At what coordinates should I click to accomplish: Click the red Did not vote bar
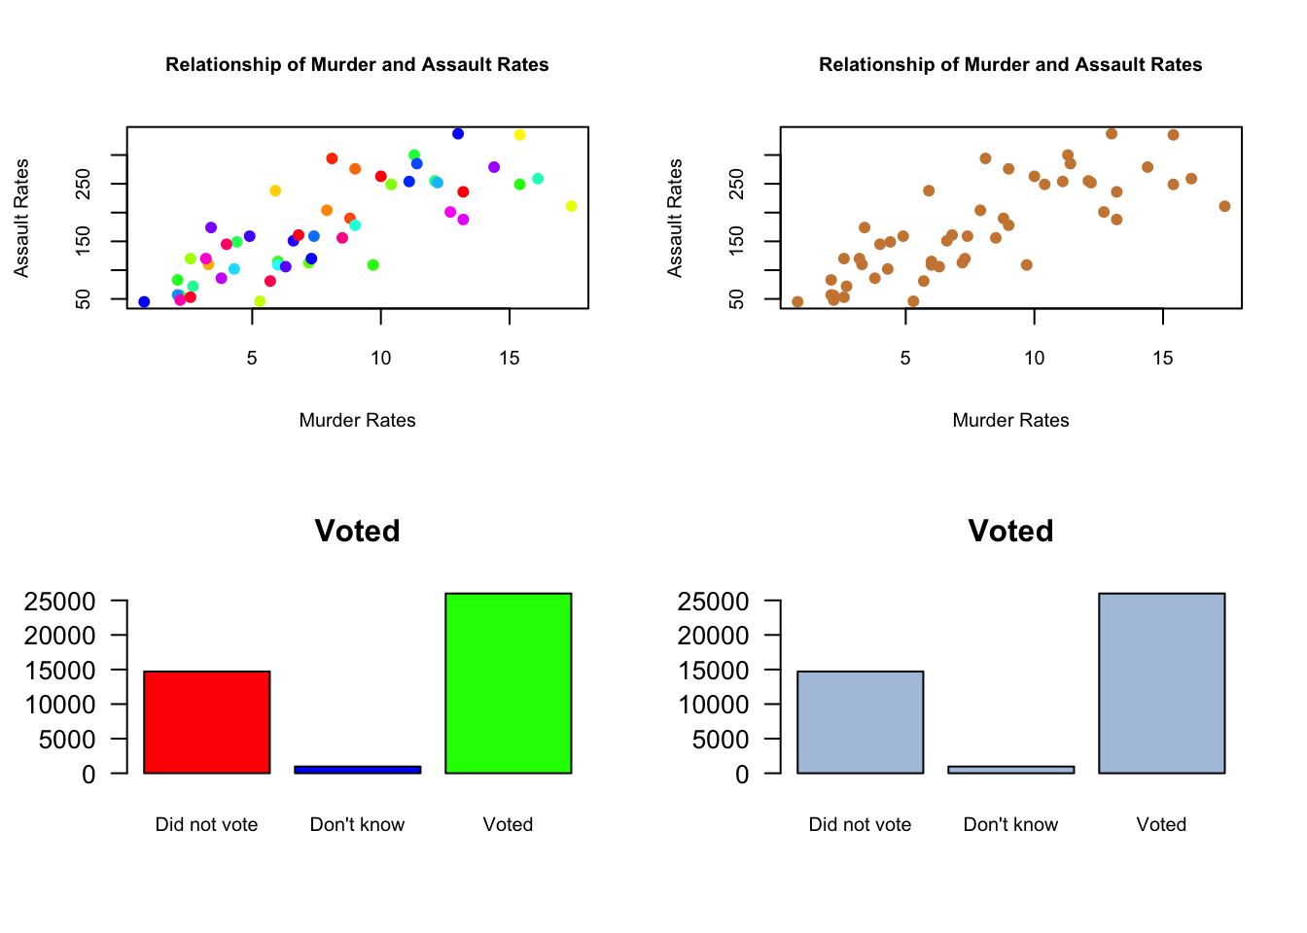206,722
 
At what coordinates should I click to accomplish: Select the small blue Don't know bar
357,770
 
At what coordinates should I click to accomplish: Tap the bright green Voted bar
508,683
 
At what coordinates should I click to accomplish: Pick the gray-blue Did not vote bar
860,722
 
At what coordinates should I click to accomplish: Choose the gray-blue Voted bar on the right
1161,683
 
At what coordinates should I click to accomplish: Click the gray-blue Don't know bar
1010,770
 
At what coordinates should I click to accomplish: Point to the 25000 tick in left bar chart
60,602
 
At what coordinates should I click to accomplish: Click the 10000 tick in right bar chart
714,705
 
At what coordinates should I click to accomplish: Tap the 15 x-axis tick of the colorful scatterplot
510,359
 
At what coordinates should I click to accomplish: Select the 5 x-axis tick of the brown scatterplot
905,359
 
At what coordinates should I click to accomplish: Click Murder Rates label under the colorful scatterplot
357,421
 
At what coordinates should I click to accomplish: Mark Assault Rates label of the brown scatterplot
675,218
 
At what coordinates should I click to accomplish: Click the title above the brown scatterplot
1010,65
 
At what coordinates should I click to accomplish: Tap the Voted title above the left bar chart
357,531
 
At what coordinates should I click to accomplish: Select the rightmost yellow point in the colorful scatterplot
571,206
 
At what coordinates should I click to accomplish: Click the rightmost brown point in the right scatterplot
1224,206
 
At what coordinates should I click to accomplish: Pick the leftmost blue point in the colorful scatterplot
144,302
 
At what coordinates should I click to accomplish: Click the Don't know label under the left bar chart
357,825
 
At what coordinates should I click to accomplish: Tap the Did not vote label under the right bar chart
860,825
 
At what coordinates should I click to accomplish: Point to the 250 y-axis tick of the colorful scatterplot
85,184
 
